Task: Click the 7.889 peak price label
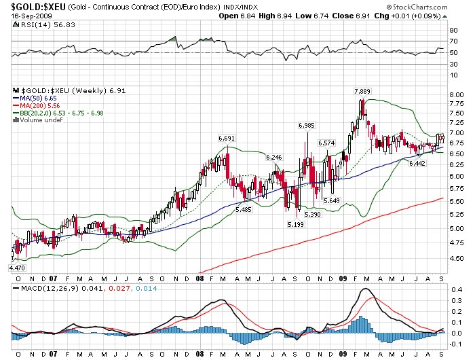pyautogui.click(x=362, y=91)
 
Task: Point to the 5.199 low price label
pyautogui.click(x=295, y=224)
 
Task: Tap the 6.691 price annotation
pyautogui.click(x=227, y=138)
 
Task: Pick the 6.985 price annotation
pyautogui.click(x=307, y=125)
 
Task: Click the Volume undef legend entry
pyautogui.click(x=42, y=120)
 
